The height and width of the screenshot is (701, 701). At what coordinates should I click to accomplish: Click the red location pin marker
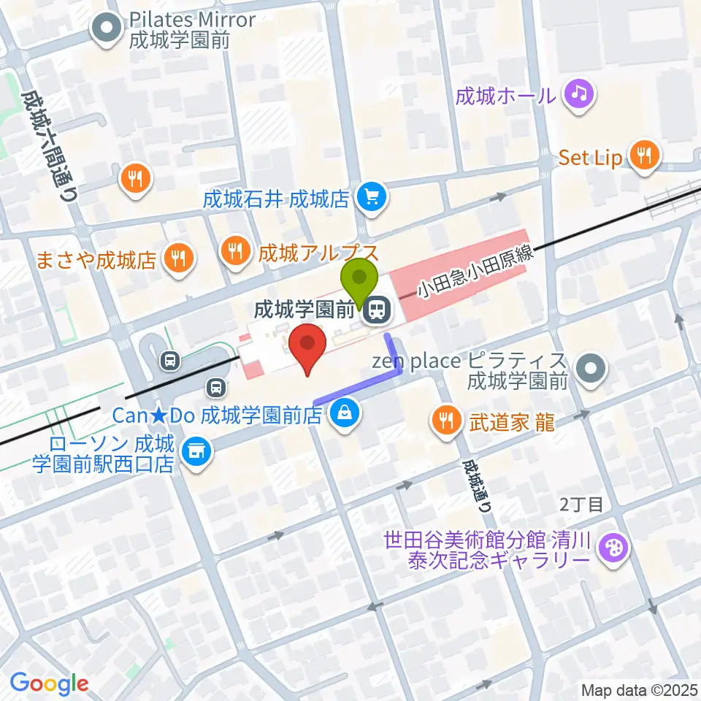(307, 348)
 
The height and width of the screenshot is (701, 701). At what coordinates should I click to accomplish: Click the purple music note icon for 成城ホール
(580, 94)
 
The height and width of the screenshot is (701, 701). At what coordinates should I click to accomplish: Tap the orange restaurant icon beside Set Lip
(643, 156)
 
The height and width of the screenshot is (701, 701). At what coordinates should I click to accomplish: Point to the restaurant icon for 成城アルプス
(235, 252)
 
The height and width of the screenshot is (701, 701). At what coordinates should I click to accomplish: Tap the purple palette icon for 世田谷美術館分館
(612, 548)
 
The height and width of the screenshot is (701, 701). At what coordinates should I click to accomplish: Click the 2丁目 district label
(582, 504)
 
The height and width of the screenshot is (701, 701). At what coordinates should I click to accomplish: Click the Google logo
(49, 683)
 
